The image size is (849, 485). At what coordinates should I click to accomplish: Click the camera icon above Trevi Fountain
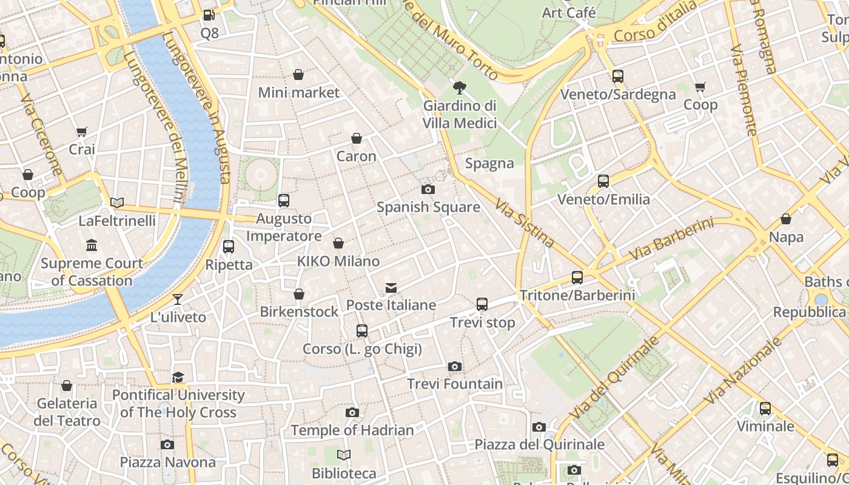[x=454, y=366]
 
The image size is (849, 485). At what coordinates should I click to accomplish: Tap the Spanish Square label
[x=428, y=207]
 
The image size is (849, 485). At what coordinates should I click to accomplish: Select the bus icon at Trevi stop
[x=482, y=304]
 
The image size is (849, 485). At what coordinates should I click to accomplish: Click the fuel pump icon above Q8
[x=209, y=15]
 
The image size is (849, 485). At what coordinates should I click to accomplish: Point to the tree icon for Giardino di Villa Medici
[x=460, y=88]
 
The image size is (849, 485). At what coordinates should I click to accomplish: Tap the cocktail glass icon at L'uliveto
[x=178, y=299]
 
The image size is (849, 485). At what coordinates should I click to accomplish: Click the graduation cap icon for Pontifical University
[x=178, y=378]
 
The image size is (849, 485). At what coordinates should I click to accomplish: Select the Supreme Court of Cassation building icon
[x=92, y=246]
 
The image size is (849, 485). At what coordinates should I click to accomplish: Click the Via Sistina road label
[x=525, y=223]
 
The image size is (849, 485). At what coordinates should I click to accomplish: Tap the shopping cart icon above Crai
[x=82, y=132]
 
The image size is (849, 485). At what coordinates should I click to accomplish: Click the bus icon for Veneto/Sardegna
[x=618, y=76]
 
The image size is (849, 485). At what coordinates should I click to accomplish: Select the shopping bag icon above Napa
[x=786, y=219]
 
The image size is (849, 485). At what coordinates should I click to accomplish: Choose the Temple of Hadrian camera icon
[x=352, y=413]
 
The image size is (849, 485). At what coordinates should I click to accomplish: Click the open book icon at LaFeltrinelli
[x=117, y=203]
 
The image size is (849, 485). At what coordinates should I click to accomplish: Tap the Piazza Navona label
[x=167, y=463]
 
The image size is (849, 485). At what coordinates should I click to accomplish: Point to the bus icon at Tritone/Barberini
[x=577, y=278]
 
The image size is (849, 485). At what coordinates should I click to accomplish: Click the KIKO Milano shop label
[x=338, y=261]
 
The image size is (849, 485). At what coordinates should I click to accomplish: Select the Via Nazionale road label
[x=743, y=372]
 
